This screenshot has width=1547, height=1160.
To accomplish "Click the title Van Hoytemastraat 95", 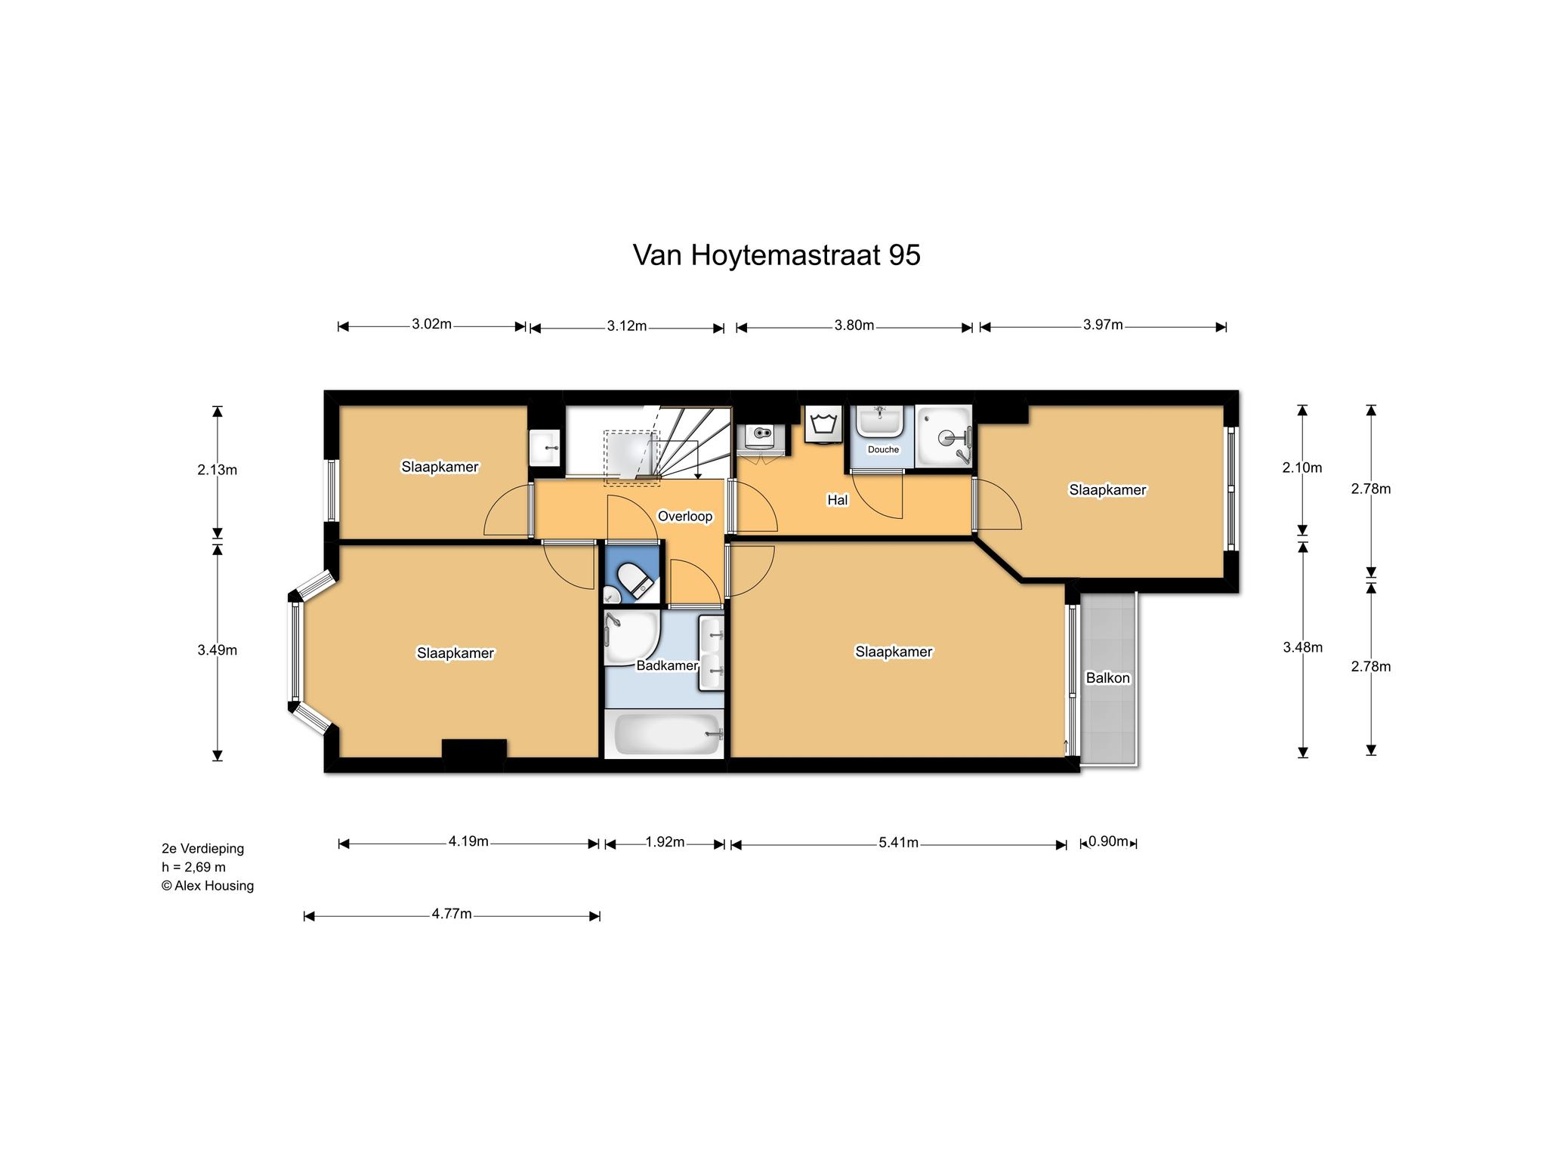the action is click(x=776, y=255).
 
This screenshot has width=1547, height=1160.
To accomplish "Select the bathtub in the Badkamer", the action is click(x=667, y=734).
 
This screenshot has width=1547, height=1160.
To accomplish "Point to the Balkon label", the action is click(x=1107, y=677).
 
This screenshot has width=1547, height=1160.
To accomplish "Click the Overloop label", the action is click(x=685, y=517).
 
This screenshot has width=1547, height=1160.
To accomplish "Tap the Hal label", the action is click(x=837, y=500).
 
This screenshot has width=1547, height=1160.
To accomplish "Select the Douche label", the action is click(x=883, y=449).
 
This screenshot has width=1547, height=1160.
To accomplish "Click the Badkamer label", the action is click(x=667, y=665).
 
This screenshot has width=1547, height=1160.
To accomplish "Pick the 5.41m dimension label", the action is click(x=898, y=842).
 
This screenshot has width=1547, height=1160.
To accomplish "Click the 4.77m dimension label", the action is click(x=452, y=914).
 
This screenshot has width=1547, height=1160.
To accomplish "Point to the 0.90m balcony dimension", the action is click(x=1108, y=841).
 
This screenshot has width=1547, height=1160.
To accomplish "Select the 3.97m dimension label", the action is click(x=1103, y=325).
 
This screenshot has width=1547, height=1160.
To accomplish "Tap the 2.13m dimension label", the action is click(x=218, y=470).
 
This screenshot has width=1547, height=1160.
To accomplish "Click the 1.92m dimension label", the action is click(x=665, y=842).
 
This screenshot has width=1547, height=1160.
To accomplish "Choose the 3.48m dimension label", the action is click(x=1303, y=647).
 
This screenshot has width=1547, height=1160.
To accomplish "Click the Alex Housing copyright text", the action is click(x=208, y=886).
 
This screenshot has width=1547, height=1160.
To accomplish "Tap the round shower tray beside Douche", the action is click(x=943, y=437).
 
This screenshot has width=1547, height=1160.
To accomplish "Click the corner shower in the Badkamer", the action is click(x=631, y=638).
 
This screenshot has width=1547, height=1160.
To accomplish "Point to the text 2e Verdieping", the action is click(x=202, y=849).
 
